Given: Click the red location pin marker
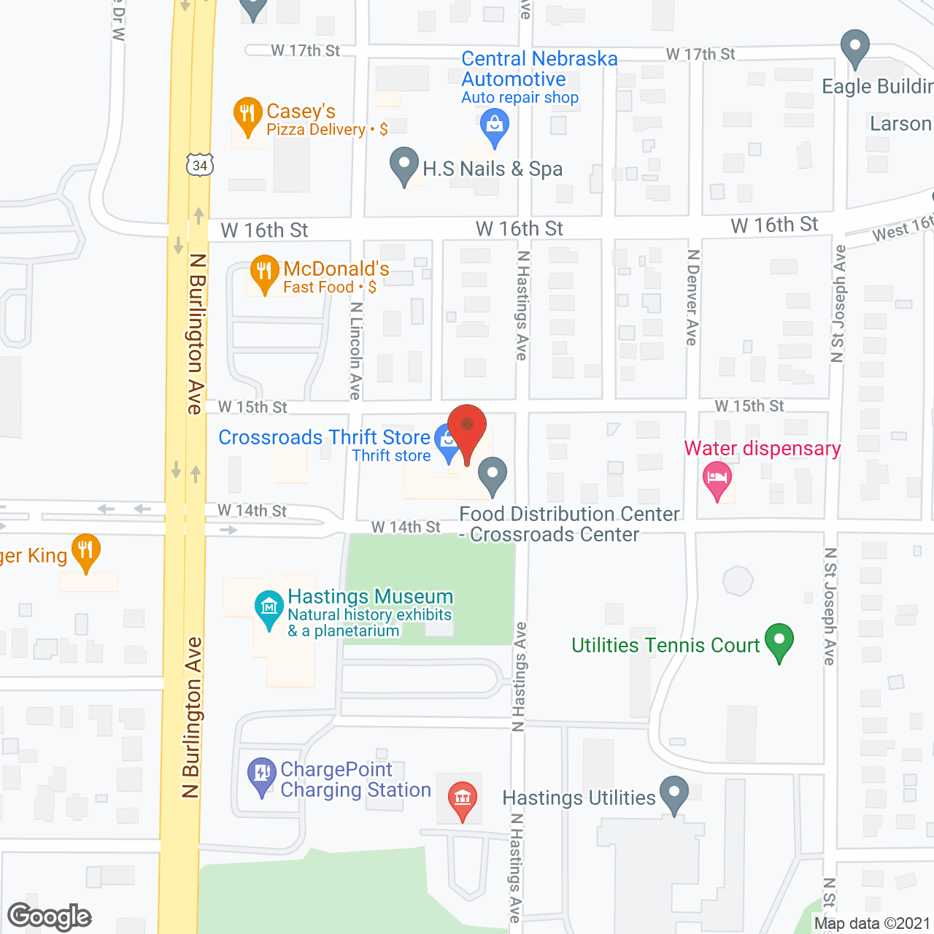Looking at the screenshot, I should [467, 428].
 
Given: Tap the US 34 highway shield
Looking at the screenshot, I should [199, 165].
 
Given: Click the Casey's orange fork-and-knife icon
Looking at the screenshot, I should [247, 115].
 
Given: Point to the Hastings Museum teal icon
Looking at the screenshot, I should [269, 608].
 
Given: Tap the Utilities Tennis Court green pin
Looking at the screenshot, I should [779, 641].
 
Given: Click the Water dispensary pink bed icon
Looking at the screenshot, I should [717, 479].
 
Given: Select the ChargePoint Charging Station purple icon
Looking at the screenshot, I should [261, 776].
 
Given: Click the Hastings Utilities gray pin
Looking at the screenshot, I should [674, 793].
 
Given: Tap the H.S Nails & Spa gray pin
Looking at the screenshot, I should [404, 165].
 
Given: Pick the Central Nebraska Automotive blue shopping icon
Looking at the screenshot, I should [495, 126].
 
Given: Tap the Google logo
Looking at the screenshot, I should [49, 916].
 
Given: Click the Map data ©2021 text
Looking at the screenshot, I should [872, 923].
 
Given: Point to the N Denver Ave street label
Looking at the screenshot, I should [692, 297].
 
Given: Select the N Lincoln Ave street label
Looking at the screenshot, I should [355, 350].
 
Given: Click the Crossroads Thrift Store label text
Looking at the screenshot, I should [324, 437].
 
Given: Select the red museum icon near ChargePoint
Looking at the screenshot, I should [462, 798].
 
